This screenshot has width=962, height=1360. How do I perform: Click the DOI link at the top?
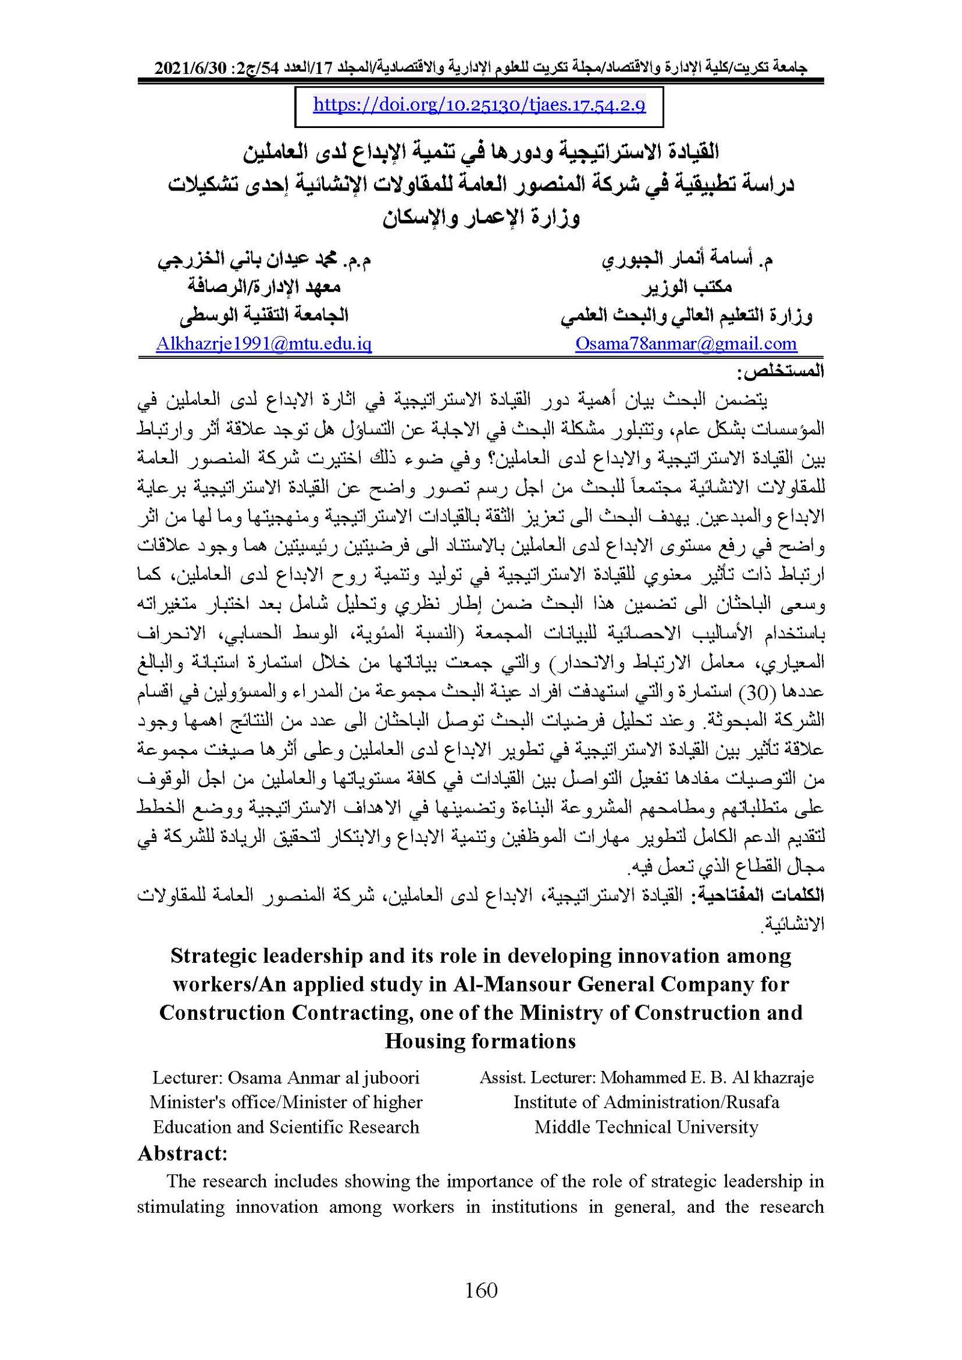pyautogui.click(x=479, y=106)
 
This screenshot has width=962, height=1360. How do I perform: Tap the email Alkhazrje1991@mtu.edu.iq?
pyautogui.click(x=263, y=344)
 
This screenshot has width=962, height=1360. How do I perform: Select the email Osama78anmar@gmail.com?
pyautogui.click(x=686, y=344)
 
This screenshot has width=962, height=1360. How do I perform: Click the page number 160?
pyautogui.click(x=481, y=1290)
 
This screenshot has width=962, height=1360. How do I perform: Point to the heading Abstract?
pyautogui.click(x=182, y=1153)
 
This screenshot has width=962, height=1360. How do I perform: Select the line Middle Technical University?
pyautogui.click(x=646, y=1127)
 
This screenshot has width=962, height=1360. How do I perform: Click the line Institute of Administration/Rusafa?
pyautogui.click(x=646, y=1102)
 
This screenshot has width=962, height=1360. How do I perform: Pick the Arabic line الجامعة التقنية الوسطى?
pyautogui.click(x=264, y=315)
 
